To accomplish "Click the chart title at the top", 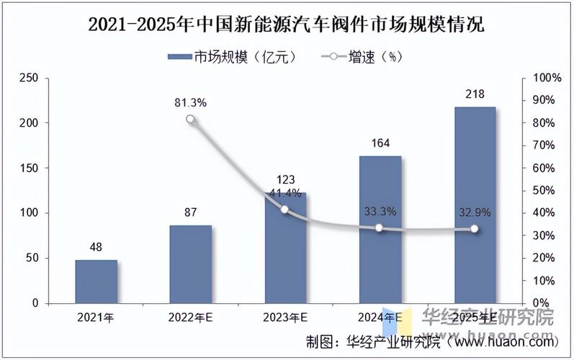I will coord(287,24).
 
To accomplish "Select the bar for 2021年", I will coord(96,282).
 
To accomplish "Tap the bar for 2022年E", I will coord(191,264).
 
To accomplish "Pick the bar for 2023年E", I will coord(285,248).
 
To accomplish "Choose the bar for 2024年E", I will coord(380,230).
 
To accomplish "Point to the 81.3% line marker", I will coord(190,120).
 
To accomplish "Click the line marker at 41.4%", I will coord(284,210).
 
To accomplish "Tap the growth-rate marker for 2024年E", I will coord(380,228).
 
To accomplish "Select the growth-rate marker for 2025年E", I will coord(474,229).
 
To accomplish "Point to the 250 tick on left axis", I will coord(29,78).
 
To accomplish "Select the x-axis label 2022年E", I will coord(191,318).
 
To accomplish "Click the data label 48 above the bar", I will coord(96,247).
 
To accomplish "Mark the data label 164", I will coord(380,143).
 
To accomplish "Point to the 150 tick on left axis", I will coord(29,168).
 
